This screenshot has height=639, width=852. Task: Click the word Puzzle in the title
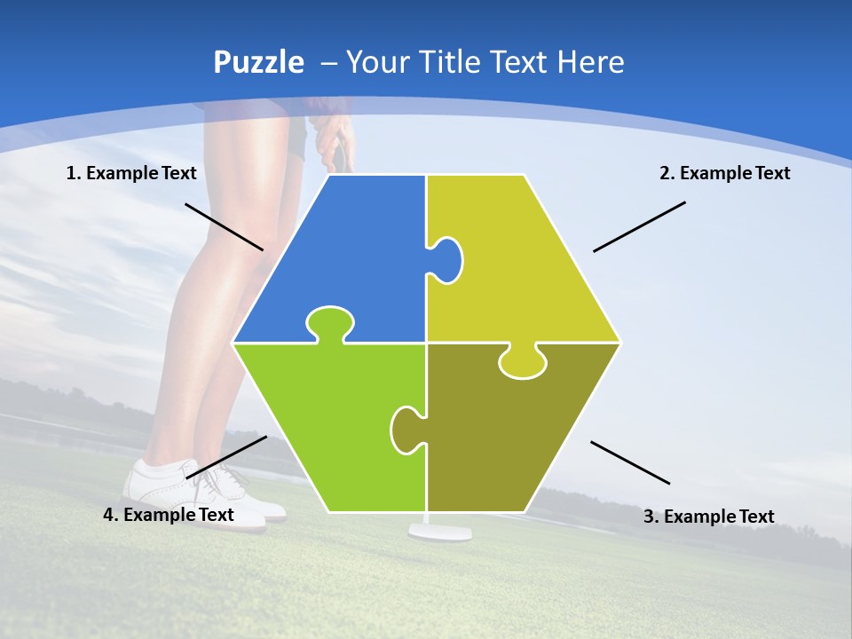[x=258, y=62]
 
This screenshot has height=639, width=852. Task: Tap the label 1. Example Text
[x=131, y=173]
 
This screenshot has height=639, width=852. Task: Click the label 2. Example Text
[x=724, y=173]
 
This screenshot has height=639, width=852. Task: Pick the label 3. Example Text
[x=708, y=517]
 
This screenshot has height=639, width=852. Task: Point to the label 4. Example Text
[x=169, y=515]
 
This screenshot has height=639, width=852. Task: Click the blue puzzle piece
[x=355, y=248]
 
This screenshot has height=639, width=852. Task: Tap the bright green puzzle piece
[x=337, y=417]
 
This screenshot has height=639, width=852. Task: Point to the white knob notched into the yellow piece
[x=447, y=260]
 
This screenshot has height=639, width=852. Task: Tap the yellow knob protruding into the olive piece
[x=522, y=362]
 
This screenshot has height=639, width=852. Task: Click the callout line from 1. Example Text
[x=224, y=226]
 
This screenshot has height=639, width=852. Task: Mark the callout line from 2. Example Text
[x=639, y=226]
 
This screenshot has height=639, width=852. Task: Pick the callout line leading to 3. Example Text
[x=630, y=462]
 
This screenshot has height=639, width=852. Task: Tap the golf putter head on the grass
[x=438, y=532]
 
